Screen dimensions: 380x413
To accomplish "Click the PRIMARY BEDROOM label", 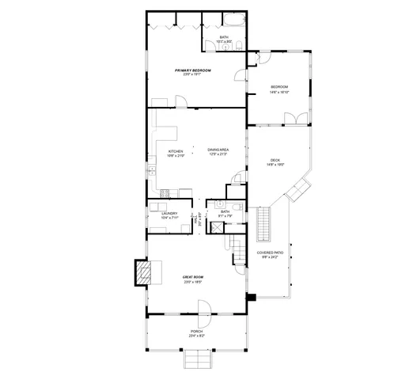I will pyautogui.click(x=192, y=70).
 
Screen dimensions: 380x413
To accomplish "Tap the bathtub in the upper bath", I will pyautogui.click(x=236, y=21).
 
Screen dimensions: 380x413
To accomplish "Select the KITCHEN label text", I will pyautogui.click(x=175, y=150).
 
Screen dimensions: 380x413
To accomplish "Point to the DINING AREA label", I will pyautogui.click(x=218, y=150).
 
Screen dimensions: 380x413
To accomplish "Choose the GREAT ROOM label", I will pyautogui.click(x=193, y=277).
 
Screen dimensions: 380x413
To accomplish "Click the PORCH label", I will pyautogui.click(x=196, y=331).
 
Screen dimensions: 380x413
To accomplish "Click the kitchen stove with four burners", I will pyautogui.click(x=165, y=192).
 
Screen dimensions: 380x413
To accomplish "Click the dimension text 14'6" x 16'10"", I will pyautogui.click(x=279, y=91).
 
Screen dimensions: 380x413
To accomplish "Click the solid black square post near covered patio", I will pyautogui.click(x=251, y=298).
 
